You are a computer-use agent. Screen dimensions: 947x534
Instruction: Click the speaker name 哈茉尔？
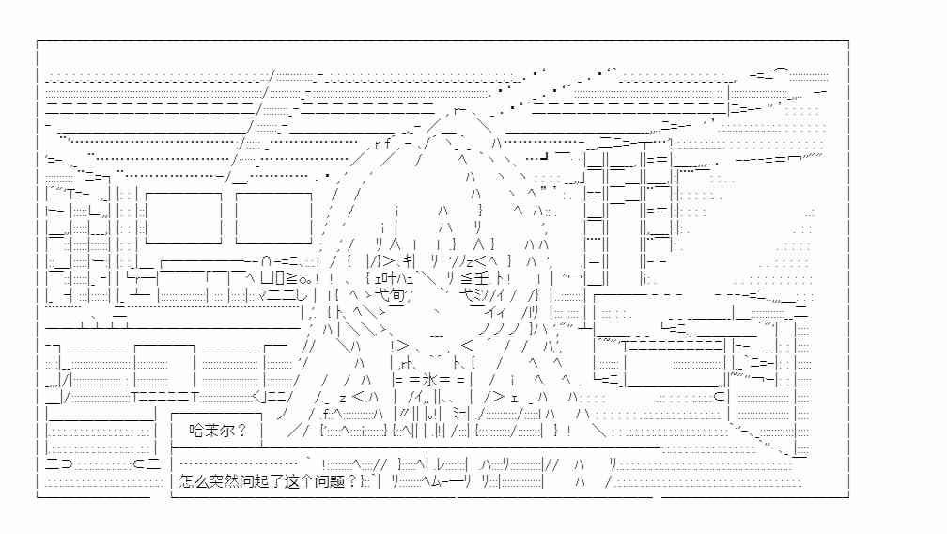tap(217, 431)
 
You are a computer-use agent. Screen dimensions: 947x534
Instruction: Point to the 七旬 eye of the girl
tap(390, 295)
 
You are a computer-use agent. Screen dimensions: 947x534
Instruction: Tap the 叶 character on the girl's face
tap(391, 278)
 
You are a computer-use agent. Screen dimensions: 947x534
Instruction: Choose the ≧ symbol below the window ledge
tap(291, 278)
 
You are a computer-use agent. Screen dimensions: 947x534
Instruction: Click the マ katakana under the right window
tap(263, 295)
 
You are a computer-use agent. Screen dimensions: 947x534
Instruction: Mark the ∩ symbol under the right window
tap(267, 262)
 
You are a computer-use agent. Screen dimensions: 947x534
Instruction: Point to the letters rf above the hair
tap(383, 144)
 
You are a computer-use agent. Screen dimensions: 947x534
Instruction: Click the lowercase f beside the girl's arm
tap(325, 414)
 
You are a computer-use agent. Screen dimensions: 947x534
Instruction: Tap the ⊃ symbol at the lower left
tap(67, 463)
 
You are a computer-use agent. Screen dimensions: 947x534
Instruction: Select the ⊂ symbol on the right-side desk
tap(719, 397)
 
